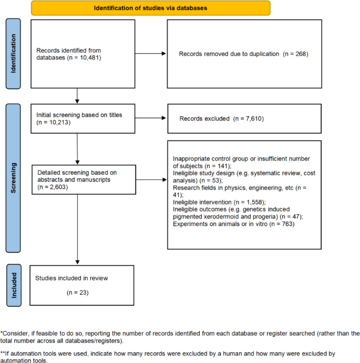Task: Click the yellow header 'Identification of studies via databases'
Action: click(x=150, y=8)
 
